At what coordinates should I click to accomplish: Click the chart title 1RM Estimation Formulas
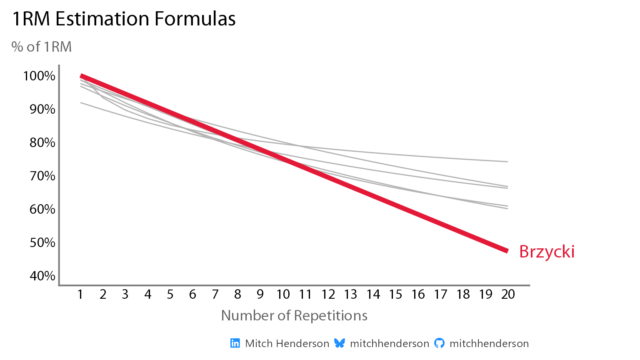tap(124, 19)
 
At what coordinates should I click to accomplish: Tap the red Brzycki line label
tap(547, 252)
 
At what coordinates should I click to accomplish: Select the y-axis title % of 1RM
tap(42, 47)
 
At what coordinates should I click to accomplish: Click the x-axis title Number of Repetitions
tap(294, 315)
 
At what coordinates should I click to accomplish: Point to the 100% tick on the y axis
tap(40, 76)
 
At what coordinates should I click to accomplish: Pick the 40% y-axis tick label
tap(42, 276)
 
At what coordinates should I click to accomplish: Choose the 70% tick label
tap(42, 176)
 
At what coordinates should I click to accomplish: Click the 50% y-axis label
tap(42, 242)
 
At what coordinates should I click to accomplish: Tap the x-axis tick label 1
tap(80, 295)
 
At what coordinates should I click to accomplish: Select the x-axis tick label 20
tap(508, 295)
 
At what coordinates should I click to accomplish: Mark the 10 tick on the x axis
tap(283, 295)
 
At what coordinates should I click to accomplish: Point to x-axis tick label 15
tap(395, 295)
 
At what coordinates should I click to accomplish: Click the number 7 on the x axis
tap(215, 295)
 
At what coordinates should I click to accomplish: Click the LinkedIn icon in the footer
tap(235, 343)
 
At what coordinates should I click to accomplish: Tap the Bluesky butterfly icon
tap(340, 343)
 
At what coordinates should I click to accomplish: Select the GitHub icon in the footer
tap(439, 343)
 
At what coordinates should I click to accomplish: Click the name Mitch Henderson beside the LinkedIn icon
tap(287, 343)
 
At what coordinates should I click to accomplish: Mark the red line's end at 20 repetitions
tap(507, 251)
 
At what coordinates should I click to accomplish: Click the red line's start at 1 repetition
tap(81, 76)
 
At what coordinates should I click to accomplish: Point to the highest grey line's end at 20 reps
tap(507, 162)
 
